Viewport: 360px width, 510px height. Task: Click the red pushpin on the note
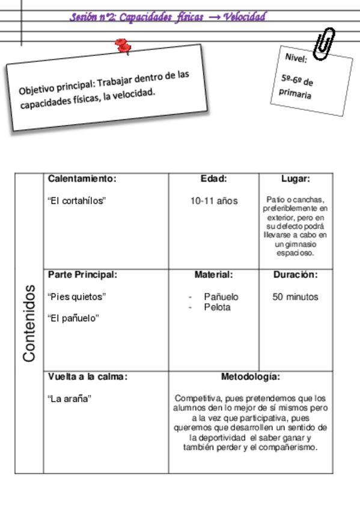(124, 46)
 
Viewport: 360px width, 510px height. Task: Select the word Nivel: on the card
(296, 58)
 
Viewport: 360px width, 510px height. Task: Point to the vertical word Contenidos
(29, 323)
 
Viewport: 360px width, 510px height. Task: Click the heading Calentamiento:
(82, 179)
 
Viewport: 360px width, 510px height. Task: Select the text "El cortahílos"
(76, 201)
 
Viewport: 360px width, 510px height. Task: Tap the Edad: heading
(213, 179)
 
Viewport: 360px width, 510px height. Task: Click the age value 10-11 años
(214, 201)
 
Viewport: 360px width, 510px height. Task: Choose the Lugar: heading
(296, 179)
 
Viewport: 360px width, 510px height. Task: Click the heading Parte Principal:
(82, 275)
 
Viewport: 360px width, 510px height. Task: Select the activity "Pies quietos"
(76, 296)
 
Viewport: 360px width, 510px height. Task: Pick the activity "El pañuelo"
(73, 318)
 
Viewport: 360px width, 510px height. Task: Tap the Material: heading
(213, 275)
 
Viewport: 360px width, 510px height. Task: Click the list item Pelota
(217, 307)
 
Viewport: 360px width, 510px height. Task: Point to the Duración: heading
(296, 275)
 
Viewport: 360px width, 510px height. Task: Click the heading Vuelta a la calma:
(88, 377)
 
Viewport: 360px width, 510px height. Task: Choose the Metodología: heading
(251, 377)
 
